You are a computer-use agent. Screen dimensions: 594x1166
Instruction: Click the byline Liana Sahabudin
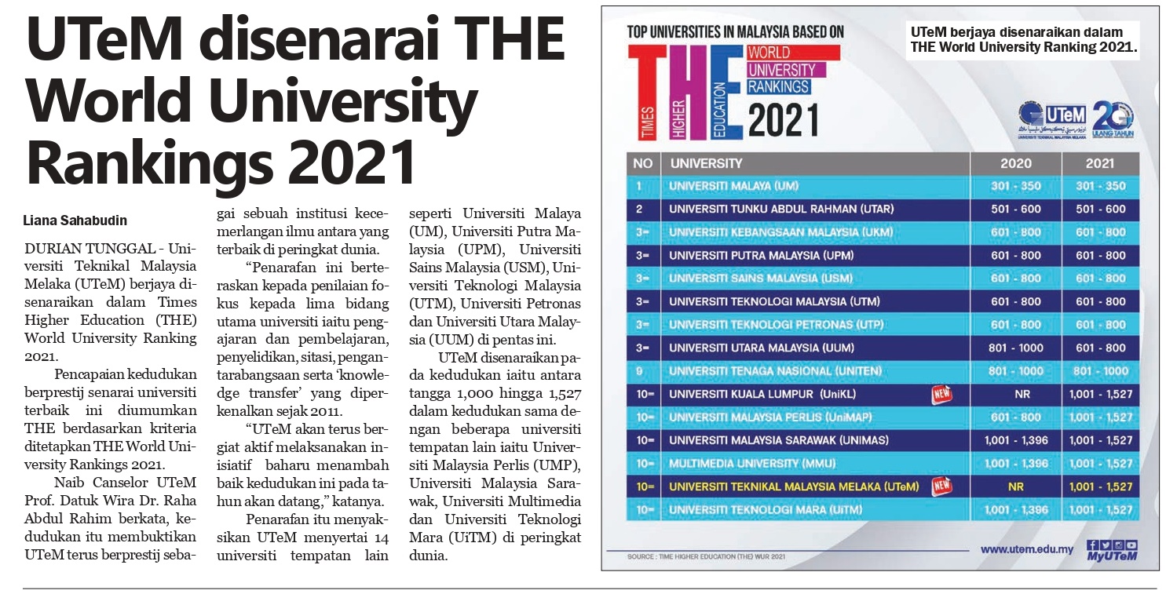click(75, 220)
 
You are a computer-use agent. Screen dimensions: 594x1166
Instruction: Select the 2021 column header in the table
click(1100, 163)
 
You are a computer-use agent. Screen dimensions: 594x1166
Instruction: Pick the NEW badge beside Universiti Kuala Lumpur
click(941, 394)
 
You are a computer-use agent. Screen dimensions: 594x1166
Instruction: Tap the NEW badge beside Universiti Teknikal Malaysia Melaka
click(941, 486)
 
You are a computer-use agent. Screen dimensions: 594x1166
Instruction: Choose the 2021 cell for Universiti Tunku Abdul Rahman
click(1100, 210)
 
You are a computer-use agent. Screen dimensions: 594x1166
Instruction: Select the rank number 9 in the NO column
click(640, 371)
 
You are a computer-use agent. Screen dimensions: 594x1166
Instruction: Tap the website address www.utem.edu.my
click(1026, 550)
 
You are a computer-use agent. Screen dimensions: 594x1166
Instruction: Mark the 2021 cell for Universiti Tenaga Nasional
click(1100, 371)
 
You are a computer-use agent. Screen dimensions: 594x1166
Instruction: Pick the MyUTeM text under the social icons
click(1111, 557)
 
